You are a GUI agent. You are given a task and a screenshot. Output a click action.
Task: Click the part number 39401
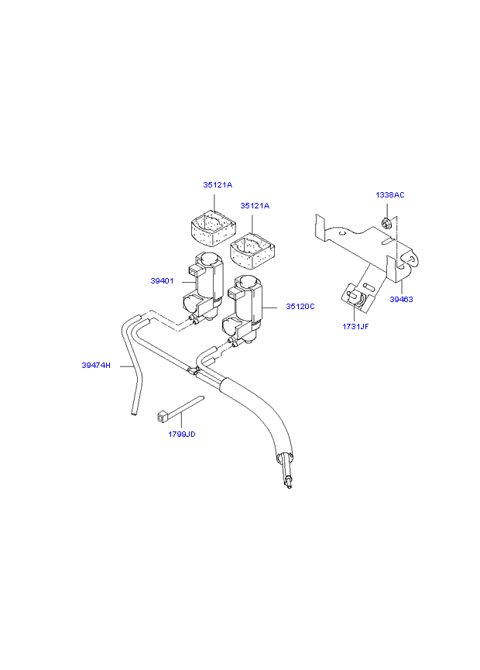[162, 281]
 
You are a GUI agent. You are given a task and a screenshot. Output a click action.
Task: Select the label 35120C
[300, 307]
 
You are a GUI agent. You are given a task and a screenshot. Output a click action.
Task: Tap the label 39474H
[96, 366]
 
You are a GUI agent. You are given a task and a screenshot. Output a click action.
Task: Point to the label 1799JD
[182, 434]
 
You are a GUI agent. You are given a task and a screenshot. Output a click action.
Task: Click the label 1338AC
[390, 195]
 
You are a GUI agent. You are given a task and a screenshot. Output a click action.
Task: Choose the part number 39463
[402, 300]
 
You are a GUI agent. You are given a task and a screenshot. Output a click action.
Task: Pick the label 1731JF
[355, 327]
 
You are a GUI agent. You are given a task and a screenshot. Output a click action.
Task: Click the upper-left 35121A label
[218, 185]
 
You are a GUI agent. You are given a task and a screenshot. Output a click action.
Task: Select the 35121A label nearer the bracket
[255, 205]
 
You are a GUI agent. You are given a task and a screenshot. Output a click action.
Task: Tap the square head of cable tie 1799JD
[162, 416]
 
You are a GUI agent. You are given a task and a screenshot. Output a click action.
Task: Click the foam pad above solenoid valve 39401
[213, 228]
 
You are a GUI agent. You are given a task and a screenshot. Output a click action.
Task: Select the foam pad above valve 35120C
[252, 251]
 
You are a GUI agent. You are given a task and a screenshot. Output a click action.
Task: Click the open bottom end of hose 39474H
[135, 413]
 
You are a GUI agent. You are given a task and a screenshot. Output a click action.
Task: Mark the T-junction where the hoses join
[194, 370]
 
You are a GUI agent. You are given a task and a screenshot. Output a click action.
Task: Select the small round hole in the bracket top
[341, 233]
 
